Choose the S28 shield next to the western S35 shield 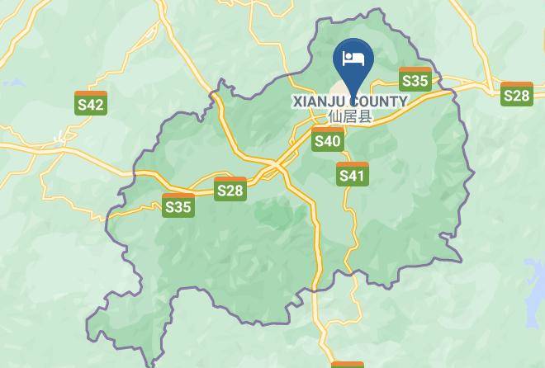(x=230, y=189)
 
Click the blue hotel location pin (x=353, y=61)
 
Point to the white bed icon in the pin (x=353, y=58)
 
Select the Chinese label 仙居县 (x=350, y=116)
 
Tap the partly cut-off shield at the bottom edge (x=348, y=364)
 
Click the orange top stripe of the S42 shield (x=90, y=93)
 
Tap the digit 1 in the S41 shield (x=361, y=176)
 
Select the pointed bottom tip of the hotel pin (x=353, y=93)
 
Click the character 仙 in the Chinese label (x=335, y=116)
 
